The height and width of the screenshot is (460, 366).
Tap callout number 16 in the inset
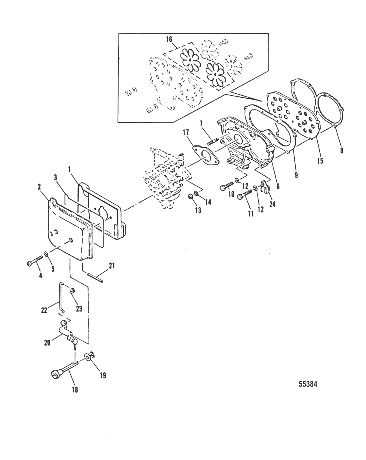point(169,40)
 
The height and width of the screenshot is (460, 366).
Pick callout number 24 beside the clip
point(272,204)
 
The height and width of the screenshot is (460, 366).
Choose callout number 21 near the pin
point(111,266)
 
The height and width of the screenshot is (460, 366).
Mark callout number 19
point(103,375)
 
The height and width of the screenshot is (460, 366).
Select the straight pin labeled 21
point(96,276)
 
